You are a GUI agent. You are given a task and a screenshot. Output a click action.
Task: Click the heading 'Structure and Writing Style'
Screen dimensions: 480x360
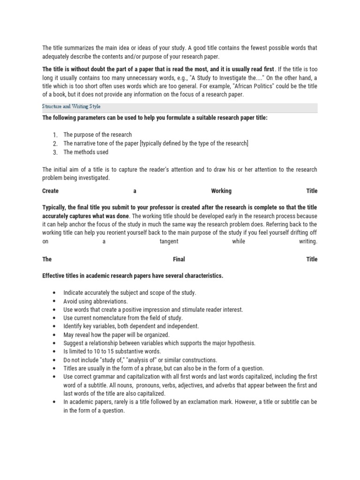(x=71, y=107)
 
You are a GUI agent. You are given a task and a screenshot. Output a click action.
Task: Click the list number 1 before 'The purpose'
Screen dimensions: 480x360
(x=55, y=135)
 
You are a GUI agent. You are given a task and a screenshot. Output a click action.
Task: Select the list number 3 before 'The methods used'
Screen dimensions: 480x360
(x=55, y=152)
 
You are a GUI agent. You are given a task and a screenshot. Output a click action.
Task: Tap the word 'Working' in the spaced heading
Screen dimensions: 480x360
(x=221, y=191)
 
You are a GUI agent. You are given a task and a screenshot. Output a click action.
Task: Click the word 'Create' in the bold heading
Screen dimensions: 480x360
(x=51, y=191)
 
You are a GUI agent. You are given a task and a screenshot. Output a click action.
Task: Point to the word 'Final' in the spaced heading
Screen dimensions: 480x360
(x=179, y=259)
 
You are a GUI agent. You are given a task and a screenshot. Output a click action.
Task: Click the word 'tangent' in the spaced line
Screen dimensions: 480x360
(x=169, y=242)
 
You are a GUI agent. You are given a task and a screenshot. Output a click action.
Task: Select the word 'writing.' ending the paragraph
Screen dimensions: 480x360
(x=308, y=242)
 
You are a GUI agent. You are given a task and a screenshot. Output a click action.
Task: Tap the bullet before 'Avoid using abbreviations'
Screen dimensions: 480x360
(x=55, y=301)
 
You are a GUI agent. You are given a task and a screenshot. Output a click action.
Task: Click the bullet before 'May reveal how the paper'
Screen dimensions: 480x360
(x=55, y=335)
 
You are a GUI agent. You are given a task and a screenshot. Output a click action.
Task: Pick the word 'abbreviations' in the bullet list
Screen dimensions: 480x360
(x=111, y=301)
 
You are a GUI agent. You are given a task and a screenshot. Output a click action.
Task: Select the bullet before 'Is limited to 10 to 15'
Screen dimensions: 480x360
(x=55, y=352)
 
